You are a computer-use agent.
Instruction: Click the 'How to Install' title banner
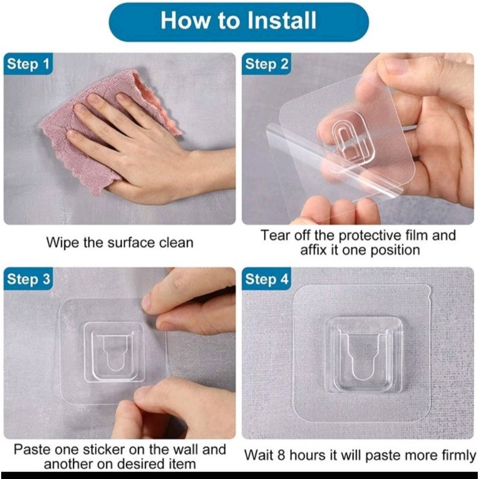[238, 22]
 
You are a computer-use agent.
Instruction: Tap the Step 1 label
[28, 64]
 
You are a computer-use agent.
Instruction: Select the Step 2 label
[267, 64]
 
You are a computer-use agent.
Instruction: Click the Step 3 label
[28, 279]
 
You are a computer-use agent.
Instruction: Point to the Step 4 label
[267, 279]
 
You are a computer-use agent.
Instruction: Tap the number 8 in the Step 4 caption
[281, 456]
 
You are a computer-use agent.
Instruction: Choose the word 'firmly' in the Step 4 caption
[459, 456]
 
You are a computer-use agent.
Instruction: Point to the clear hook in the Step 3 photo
[114, 352]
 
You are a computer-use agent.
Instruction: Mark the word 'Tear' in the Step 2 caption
[274, 235]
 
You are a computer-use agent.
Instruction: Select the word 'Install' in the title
[282, 20]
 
